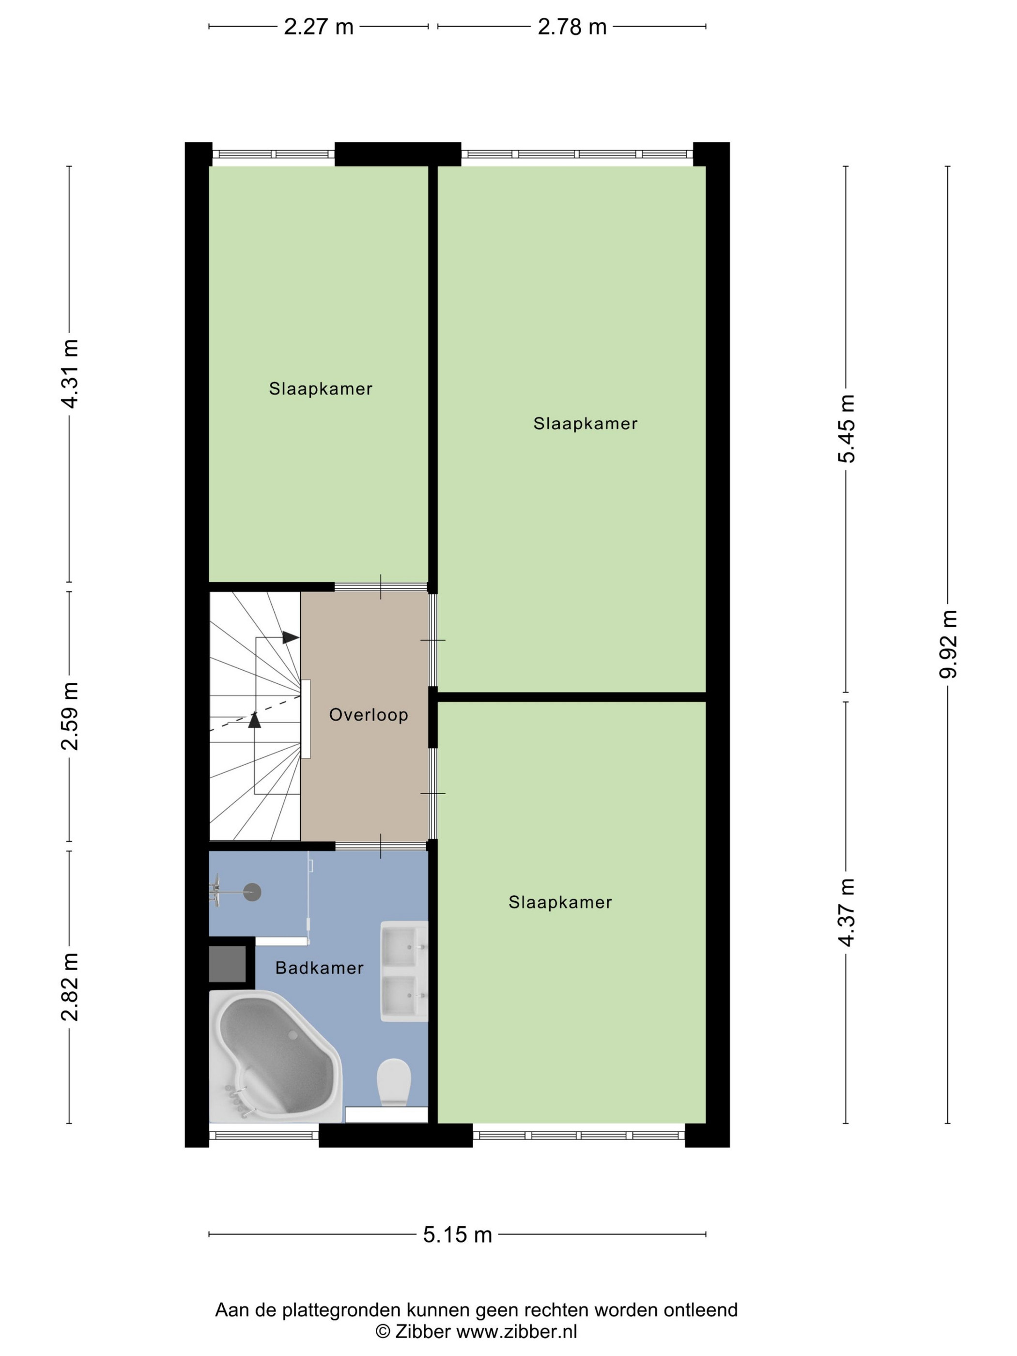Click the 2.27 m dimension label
(x=318, y=27)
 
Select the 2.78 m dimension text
(x=572, y=27)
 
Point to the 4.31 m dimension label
(x=69, y=373)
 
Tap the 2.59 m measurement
(x=69, y=715)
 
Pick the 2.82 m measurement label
(x=69, y=987)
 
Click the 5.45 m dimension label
(x=847, y=429)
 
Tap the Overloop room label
(x=369, y=715)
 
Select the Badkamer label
(x=319, y=968)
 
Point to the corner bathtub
(x=275, y=1056)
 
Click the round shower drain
(x=252, y=893)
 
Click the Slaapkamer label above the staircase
(x=321, y=389)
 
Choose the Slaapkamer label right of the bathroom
(x=560, y=902)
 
